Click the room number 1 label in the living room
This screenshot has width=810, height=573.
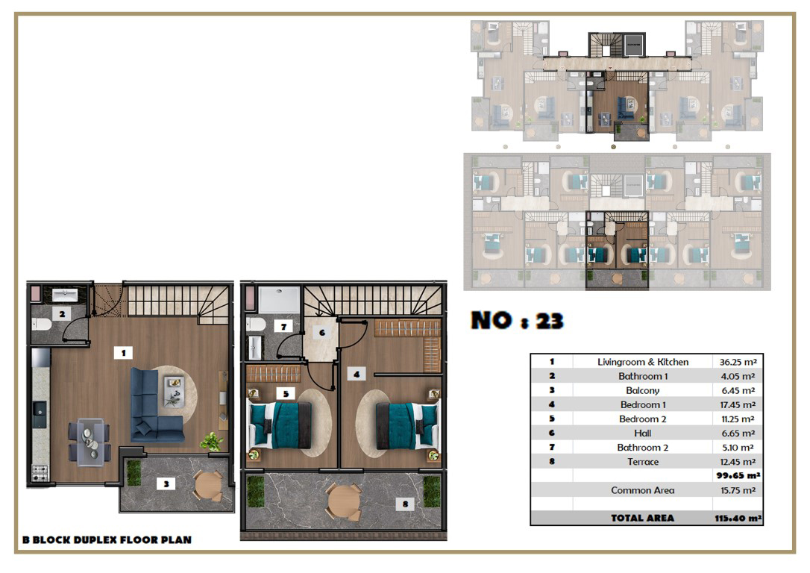124,352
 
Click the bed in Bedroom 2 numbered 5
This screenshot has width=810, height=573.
280,425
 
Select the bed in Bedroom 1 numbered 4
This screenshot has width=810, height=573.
408,426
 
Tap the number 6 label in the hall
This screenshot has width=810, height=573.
321,333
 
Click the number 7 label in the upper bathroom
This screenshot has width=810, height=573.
283,326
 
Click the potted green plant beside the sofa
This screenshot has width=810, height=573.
212,442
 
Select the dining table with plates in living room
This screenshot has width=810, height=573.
90,441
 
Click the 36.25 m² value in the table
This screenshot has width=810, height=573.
738,362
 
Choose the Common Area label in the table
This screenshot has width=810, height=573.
643,490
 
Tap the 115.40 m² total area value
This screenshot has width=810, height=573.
738,519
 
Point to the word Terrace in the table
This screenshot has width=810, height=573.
643,462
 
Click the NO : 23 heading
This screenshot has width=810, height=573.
517,320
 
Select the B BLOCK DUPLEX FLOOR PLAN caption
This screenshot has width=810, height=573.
107,540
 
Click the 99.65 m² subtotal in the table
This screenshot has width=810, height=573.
738,475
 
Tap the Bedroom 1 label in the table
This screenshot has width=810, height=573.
643,405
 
